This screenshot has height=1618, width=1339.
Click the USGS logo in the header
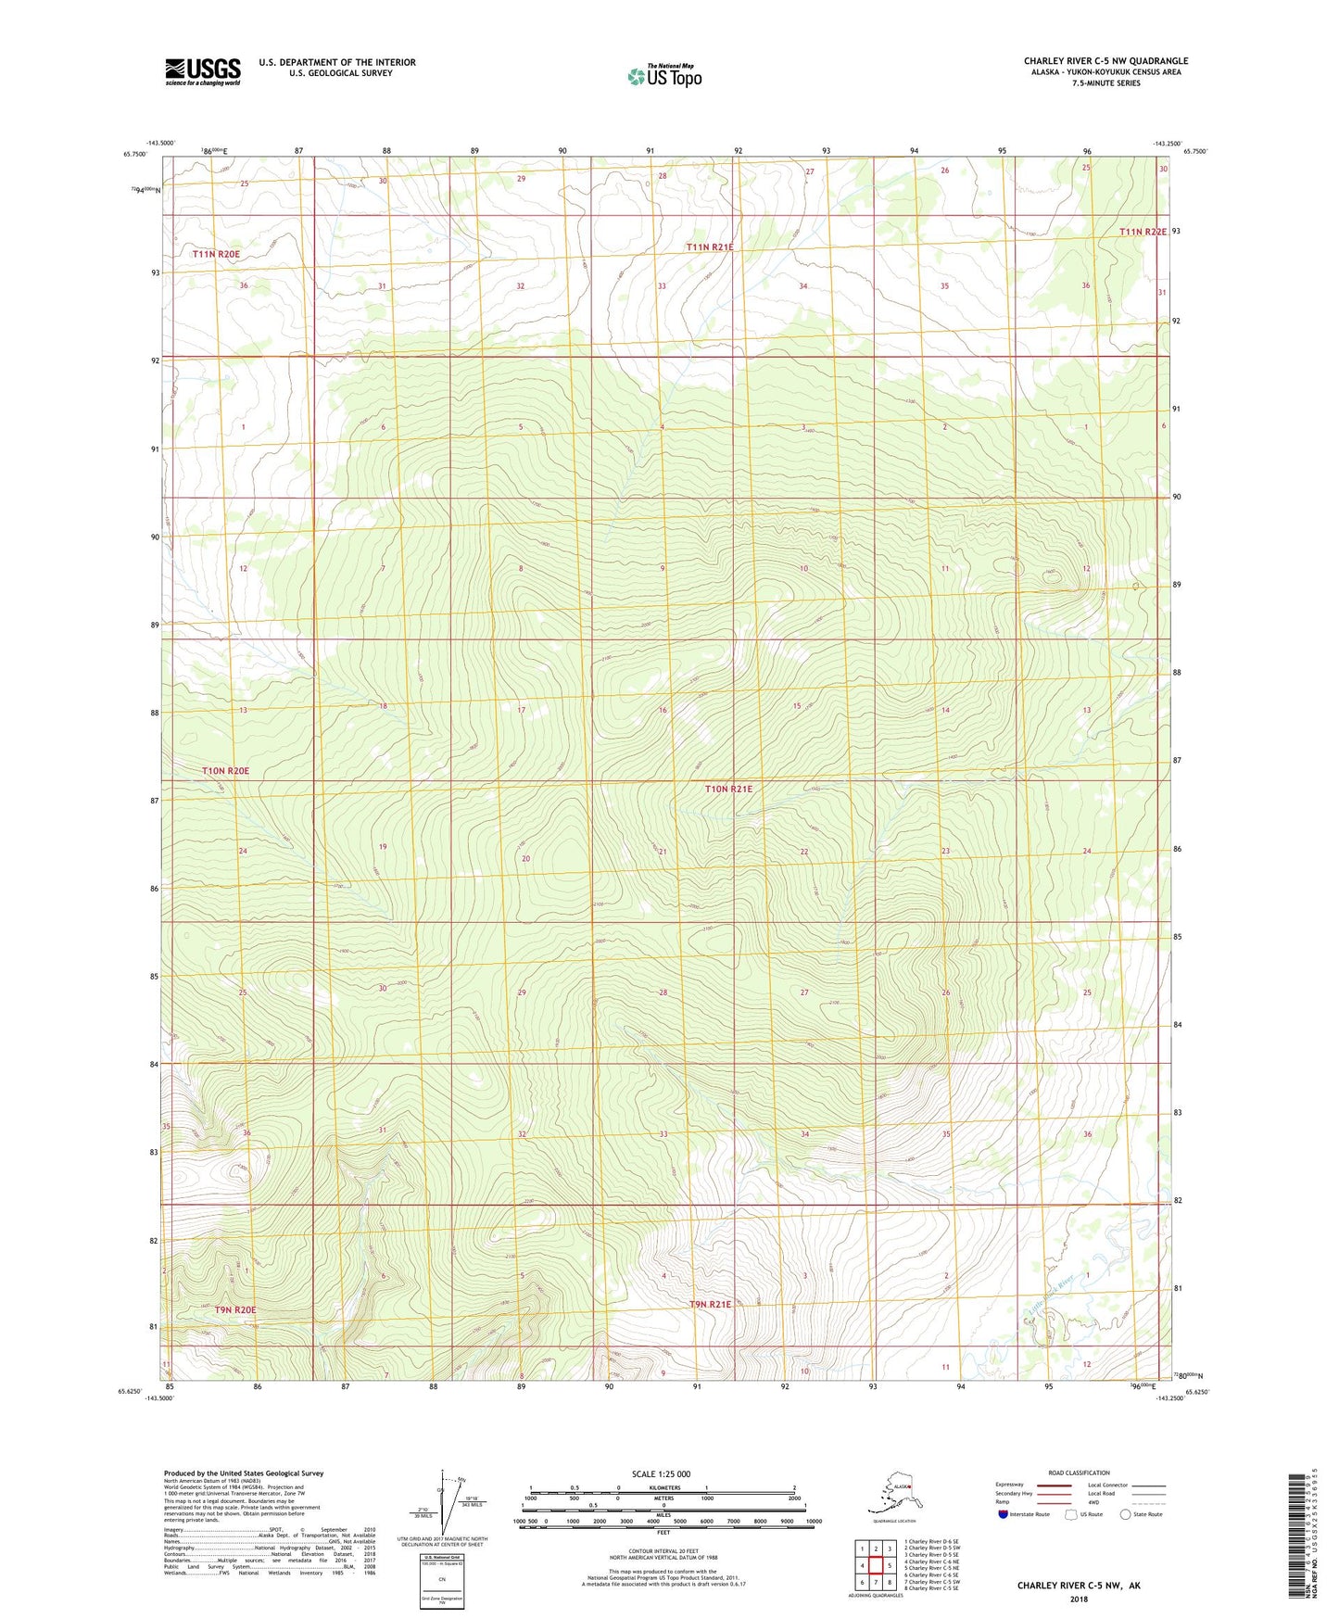[202, 71]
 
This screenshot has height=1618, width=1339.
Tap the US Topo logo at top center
[664, 76]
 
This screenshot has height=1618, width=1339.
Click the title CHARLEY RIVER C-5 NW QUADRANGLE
[1105, 61]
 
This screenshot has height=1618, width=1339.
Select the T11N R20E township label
[216, 254]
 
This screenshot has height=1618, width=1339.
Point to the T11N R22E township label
[1142, 232]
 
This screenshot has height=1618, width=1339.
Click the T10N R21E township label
[728, 790]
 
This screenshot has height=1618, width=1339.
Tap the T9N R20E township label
[235, 1309]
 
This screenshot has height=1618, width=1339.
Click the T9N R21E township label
[710, 1304]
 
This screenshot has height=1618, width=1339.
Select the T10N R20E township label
[226, 771]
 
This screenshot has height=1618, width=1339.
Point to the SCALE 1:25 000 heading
[662, 1473]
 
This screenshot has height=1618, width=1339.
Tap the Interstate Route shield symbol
[1003, 1514]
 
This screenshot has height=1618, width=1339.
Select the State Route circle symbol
[1126, 1514]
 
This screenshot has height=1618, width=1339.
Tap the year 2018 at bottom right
[1079, 1599]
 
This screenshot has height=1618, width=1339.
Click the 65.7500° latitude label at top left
[134, 154]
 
